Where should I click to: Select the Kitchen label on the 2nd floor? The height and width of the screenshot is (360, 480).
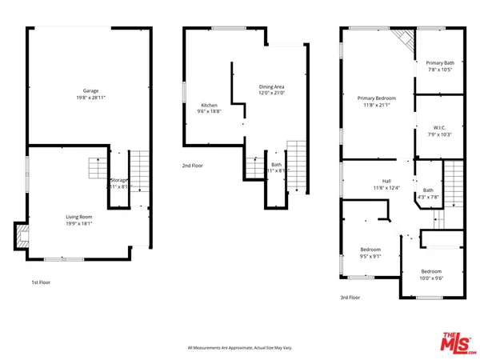(x=209, y=106)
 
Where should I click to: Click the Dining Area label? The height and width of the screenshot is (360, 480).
(x=272, y=86)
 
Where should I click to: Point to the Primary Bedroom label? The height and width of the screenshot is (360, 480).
(x=376, y=98)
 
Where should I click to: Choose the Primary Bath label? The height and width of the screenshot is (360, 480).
(x=440, y=62)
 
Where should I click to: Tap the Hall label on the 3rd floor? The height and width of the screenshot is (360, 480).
(x=386, y=182)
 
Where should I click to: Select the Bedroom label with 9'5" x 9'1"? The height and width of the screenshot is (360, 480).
(x=369, y=249)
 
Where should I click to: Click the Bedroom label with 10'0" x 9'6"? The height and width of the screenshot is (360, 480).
(x=431, y=271)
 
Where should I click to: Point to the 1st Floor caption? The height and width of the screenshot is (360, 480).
(x=41, y=282)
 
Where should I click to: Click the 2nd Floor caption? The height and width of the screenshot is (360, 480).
(x=192, y=166)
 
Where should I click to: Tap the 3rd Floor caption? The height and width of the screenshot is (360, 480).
(x=350, y=298)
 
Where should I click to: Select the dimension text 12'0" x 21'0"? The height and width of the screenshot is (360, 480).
(x=272, y=93)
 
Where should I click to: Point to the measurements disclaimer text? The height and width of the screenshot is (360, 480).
(x=241, y=347)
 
